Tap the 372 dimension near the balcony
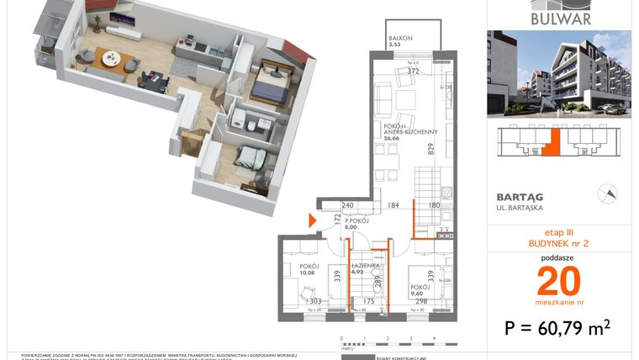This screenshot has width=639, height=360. [x=413, y=71]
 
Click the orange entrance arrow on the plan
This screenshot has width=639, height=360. [x=314, y=221]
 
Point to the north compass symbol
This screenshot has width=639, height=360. [x=605, y=193]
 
